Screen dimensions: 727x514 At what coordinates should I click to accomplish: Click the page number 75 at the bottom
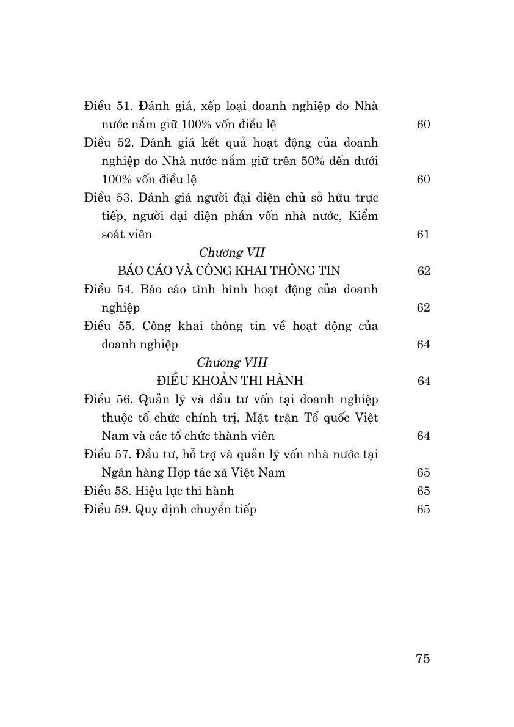click(x=422, y=658)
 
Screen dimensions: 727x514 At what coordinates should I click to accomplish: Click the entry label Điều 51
click(x=107, y=106)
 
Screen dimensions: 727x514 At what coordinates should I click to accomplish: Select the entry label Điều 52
click(x=107, y=143)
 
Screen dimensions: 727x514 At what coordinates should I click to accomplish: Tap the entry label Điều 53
click(x=107, y=198)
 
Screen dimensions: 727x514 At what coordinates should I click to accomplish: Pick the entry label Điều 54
click(x=107, y=290)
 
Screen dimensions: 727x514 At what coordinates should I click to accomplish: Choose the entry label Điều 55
click(x=107, y=326)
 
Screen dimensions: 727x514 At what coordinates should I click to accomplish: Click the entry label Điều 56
click(x=107, y=400)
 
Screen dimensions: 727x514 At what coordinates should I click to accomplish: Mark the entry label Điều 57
click(x=107, y=455)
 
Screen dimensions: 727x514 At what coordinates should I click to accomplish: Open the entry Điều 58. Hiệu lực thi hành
click(x=159, y=491)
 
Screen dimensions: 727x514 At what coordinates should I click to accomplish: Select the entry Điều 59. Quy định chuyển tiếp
click(x=170, y=510)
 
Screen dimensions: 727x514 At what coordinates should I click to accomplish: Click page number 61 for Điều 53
click(x=423, y=235)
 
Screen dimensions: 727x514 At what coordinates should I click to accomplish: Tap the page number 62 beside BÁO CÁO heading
click(x=424, y=271)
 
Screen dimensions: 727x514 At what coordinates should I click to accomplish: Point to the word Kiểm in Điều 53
click(x=361, y=216)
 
